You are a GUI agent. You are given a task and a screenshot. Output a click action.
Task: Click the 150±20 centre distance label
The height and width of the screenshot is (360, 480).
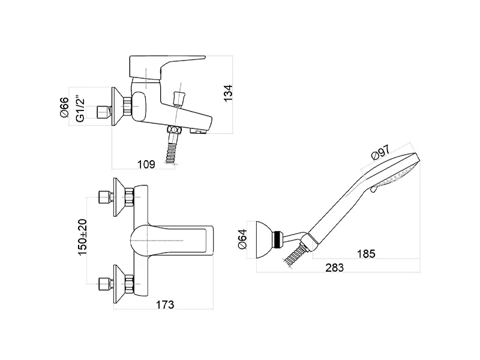coord(83,237)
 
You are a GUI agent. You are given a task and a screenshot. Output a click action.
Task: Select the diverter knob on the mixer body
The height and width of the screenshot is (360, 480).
coord(177,98)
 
